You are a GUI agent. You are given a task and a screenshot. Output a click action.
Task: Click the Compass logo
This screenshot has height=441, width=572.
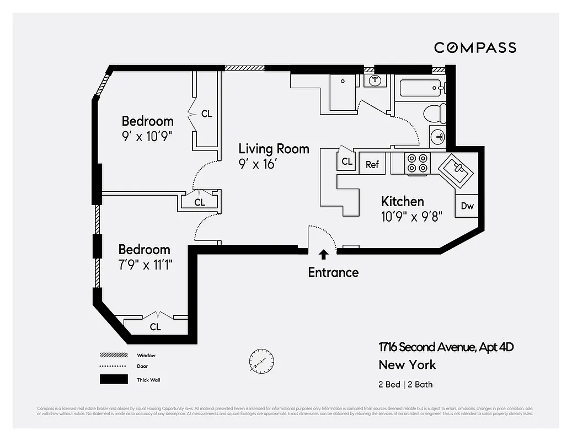coord(475,47)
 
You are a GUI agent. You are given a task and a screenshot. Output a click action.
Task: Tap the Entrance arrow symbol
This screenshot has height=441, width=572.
coord(323,254)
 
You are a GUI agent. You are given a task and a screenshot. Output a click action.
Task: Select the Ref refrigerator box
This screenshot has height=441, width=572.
coord(372,164)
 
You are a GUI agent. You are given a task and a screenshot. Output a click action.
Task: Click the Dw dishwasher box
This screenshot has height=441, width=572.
coord(467,206)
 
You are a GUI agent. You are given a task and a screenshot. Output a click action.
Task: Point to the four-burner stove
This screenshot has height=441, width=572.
coord(417,163)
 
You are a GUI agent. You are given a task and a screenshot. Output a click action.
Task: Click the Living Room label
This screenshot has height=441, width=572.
coord(274,149)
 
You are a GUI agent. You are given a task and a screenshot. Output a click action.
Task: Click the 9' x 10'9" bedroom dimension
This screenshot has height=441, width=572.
coord(147,136)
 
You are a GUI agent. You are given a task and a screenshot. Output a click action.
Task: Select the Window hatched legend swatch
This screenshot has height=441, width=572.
coord(114,356)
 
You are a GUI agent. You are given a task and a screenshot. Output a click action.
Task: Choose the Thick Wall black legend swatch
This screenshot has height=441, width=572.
coord(114,379)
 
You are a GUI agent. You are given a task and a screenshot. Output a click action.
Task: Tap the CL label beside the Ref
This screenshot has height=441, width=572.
coord(347,162)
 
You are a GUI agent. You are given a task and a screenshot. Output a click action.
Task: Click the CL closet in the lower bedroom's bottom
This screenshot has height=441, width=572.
coord(156,327)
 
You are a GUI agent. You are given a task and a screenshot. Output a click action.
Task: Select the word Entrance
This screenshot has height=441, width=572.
coord(333,272)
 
